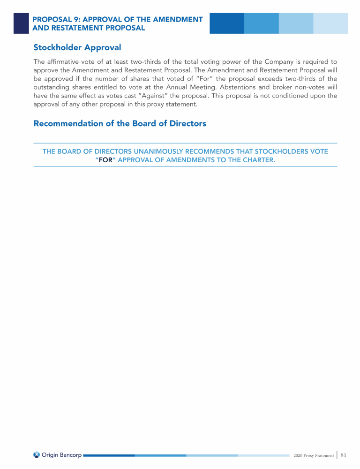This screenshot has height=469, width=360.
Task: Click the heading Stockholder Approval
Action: [77, 47]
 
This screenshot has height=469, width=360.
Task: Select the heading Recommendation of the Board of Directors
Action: [120, 124]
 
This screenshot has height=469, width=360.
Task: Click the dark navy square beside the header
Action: [21, 23]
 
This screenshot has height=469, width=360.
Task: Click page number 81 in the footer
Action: [343, 455]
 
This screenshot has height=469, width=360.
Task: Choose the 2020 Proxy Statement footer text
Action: [314, 455]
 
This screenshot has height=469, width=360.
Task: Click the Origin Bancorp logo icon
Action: [37, 455]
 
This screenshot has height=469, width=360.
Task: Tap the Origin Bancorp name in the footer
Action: [61, 455]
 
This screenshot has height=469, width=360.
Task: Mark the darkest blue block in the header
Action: [227, 23]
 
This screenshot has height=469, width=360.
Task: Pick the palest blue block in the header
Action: [330, 23]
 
